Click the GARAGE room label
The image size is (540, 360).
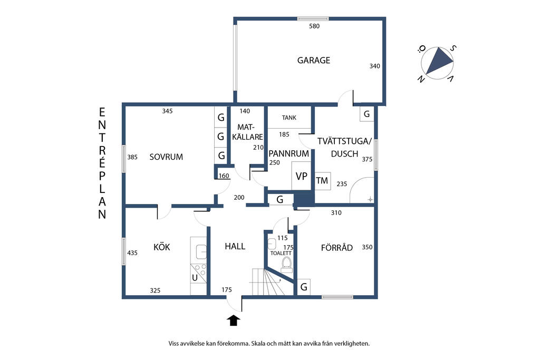(313, 60)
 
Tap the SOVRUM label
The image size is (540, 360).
(166, 157)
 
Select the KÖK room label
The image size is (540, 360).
(161, 247)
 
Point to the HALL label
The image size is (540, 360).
(235, 246)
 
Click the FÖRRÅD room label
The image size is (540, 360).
(337, 247)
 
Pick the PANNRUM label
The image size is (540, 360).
(288, 153)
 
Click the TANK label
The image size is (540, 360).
(289, 118)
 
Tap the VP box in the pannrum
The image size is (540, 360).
(301, 176)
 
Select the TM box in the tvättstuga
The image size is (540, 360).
(322, 181)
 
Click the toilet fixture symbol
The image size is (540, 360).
(286, 265)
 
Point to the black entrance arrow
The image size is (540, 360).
(234, 320)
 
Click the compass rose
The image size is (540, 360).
(437, 63)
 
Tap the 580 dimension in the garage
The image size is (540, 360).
(314, 26)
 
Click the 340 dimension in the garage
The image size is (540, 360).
(375, 66)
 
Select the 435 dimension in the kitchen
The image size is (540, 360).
(132, 253)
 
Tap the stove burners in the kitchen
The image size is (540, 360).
(198, 269)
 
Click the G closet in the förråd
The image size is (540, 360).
(303, 287)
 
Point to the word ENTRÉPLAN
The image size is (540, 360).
(102, 163)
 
